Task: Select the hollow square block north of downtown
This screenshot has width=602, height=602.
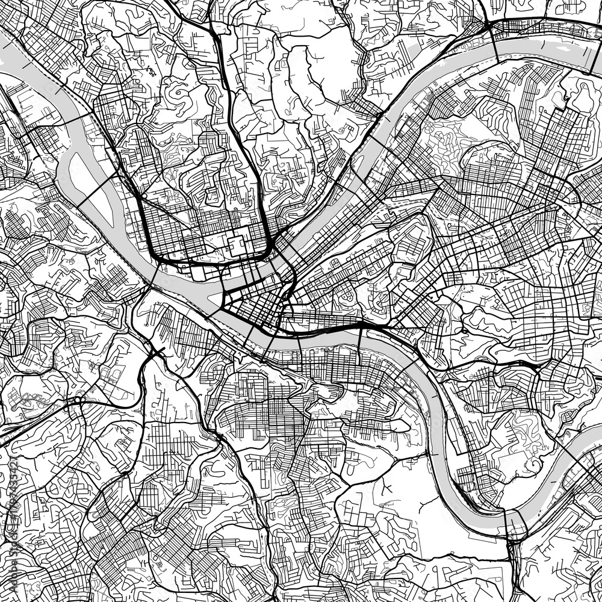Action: (236, 244)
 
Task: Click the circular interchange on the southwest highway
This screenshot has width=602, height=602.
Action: (77, 400)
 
